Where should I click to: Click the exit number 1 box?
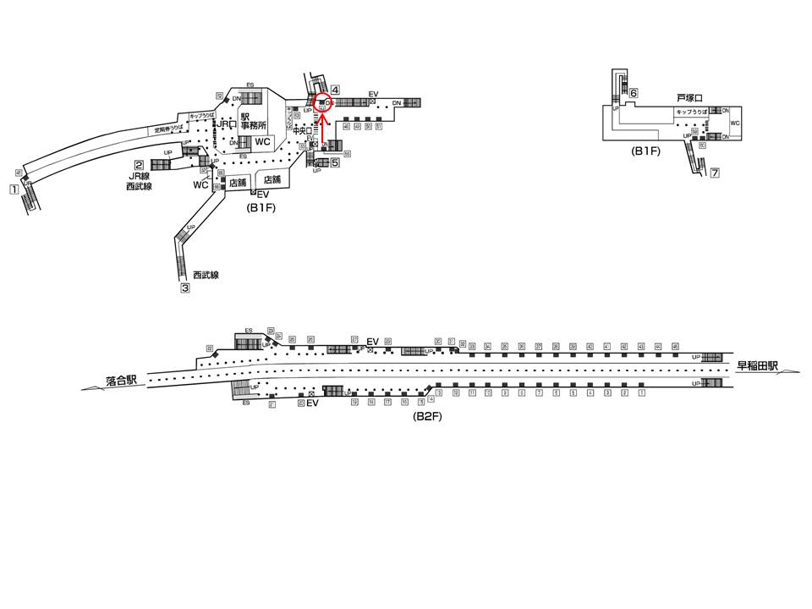pyautogui.click(x=14, y=189)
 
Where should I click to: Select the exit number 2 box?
pyautogui.click(x=138, y=165)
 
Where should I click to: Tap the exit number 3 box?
pyautogui.click(x=184, y=288)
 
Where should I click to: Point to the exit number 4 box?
pyautogui.click(x=335, y=90)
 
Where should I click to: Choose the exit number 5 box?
pyautogui.click(x=335, y=162)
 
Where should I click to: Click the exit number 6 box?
pyautogui.click(x=633, y=93)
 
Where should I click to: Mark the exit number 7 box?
pyautogui.click(x=715, y=173)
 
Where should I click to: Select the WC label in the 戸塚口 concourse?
pyautogui.click(x=734, y=123)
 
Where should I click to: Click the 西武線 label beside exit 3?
pyautogui.click(x=205, y=275)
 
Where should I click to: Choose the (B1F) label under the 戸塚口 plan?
pyautogui.click(x=645, y=151)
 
